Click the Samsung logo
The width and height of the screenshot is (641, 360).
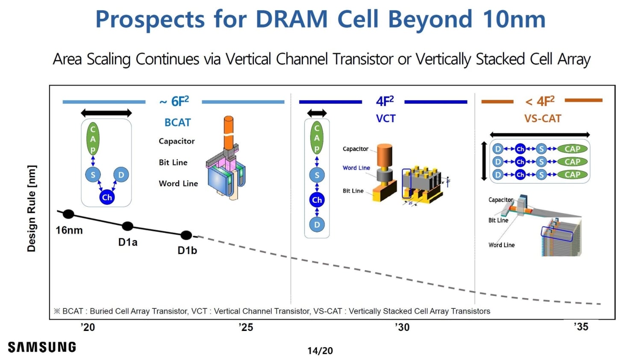(42, 347)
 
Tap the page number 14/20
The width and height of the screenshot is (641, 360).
(320, 351)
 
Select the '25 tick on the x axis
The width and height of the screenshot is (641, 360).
(246, 327)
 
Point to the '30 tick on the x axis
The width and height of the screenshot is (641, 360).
(402, 327)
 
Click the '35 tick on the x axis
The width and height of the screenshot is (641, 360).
(581, 327)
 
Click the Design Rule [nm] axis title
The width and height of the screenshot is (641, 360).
(32, 208)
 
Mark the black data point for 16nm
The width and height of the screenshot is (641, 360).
(68, 214)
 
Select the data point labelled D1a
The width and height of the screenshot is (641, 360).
(127, 226)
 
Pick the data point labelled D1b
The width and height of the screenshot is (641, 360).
(186, 235)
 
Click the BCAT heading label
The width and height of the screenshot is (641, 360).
(177, 123)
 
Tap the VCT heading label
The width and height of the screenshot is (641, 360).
(385, 119)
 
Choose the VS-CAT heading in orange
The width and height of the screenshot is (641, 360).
(543, 119)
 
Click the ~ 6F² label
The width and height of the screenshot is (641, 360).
(174, 102)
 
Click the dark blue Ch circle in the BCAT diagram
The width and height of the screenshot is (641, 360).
(107, 197)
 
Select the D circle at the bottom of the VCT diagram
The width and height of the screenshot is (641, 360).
(317, 225)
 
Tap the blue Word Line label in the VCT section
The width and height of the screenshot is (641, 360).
(356, 168)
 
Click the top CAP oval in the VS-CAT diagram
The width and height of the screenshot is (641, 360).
(572, 149)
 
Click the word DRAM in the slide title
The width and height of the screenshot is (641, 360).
(291, 19)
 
